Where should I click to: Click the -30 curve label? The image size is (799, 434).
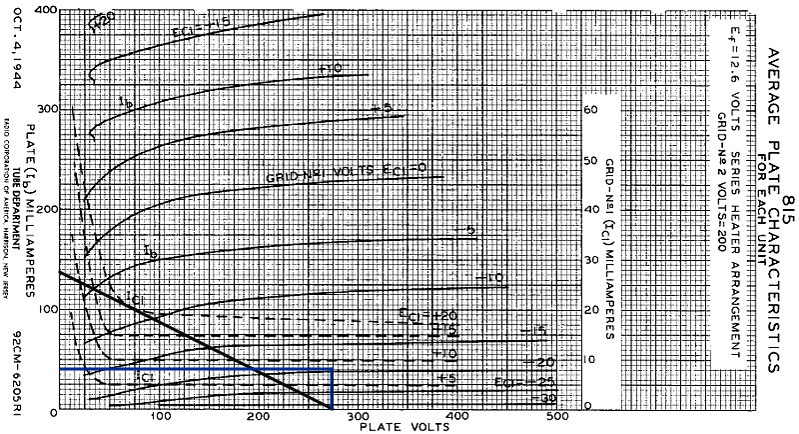coord(547,398)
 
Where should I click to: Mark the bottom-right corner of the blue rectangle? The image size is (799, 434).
coord(332,408)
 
